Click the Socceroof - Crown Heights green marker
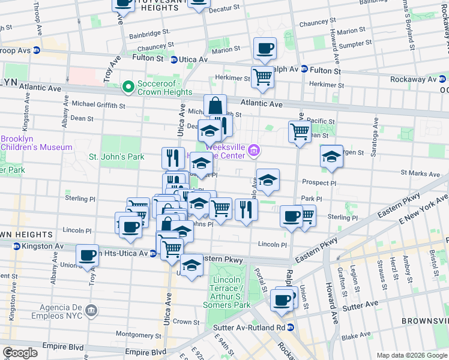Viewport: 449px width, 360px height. tap(127, 88)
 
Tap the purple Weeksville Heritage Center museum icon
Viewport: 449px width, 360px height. tap(255, 151)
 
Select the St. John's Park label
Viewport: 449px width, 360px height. tap(116, 157)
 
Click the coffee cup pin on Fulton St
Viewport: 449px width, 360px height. tap(265, 49)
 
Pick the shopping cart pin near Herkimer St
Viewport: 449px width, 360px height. tap(262, 77)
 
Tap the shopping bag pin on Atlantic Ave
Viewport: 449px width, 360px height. tap(215, 106)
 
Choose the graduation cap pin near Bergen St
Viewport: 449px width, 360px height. tap(331, 157)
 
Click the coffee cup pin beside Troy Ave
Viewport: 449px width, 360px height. tap(88, 256)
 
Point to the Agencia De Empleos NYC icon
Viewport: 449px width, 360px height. tap(90, 310)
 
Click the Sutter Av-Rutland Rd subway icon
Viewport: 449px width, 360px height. tap(291, 328)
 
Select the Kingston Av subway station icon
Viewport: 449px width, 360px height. tap(17, 247)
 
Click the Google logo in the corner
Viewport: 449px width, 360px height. tap(20, 353)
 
